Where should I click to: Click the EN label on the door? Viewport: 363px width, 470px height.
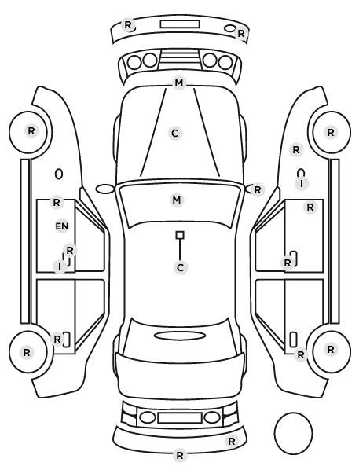point(62,226)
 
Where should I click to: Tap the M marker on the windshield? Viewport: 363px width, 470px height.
point(177,200)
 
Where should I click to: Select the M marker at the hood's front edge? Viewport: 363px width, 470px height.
point(179,83)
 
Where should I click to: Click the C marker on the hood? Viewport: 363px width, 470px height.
point(175,133)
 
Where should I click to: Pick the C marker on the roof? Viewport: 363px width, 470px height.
point(180,267)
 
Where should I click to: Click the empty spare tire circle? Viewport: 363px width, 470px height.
point(293,433)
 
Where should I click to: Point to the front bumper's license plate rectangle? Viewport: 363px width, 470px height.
point(180,24)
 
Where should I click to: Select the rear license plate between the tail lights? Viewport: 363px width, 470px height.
point(180,417)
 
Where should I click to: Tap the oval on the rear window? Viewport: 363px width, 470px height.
point(180,336)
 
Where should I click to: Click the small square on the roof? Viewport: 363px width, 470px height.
point(180,235)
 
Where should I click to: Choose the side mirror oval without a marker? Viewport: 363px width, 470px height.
point(105,189)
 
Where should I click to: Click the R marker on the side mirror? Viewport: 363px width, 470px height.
point(258,189)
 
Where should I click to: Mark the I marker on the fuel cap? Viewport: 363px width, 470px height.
point(302,183)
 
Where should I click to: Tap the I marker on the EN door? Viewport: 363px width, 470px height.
point(60,266)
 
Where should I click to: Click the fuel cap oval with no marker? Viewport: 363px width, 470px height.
point(59,174)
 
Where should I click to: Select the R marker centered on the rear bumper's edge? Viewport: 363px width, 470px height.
point(180,456)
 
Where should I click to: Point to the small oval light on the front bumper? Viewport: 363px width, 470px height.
point(230,28)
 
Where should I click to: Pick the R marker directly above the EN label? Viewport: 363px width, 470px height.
point(57,202)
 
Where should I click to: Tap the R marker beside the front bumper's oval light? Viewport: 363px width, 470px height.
point(241,34)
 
